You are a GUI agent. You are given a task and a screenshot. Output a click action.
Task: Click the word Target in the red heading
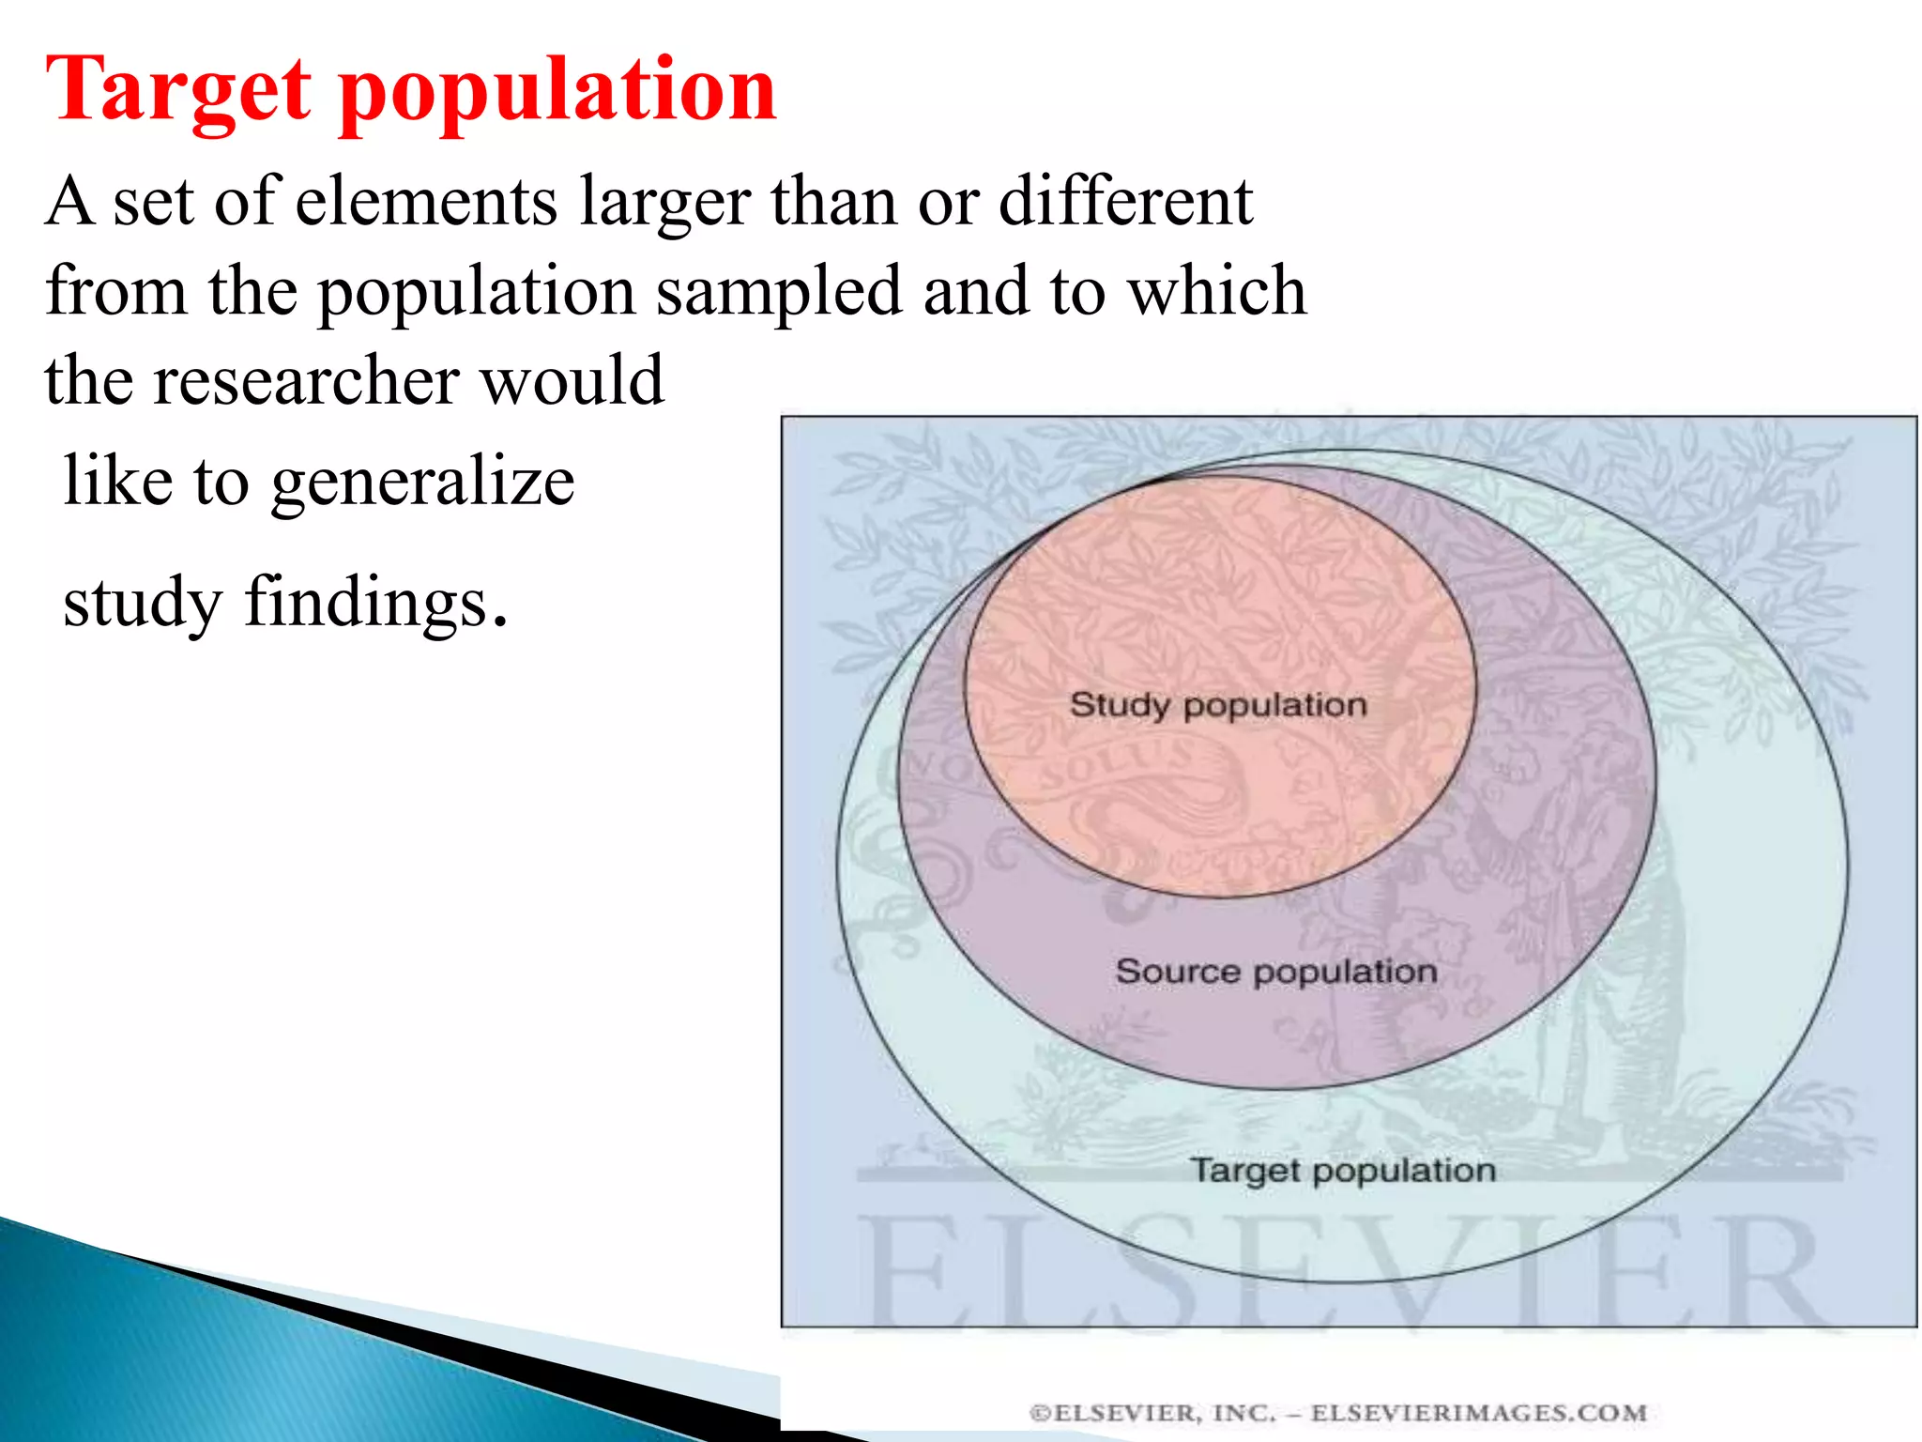tap(178, 91)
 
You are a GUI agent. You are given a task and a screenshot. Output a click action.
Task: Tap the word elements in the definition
tap(426, 201)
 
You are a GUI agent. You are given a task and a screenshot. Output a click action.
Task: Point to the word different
tap(1125, 201)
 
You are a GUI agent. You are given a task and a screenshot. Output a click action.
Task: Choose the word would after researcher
tap(572, 379)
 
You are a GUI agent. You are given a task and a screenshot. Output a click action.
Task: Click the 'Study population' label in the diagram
tap(1218, 705)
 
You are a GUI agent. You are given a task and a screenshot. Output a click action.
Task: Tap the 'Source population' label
tap(1276, 972)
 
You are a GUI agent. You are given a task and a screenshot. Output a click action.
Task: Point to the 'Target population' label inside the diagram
tap(1343, 1171)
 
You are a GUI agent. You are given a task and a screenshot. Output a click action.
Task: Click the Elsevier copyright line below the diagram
tap(1338, 1413)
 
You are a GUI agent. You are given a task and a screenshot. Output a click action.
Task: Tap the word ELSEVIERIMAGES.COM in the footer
tap(1479, 1413)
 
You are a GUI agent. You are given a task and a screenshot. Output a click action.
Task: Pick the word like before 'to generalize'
tap(118, 481)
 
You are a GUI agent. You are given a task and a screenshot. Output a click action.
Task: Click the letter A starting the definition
tap(70, 201)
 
